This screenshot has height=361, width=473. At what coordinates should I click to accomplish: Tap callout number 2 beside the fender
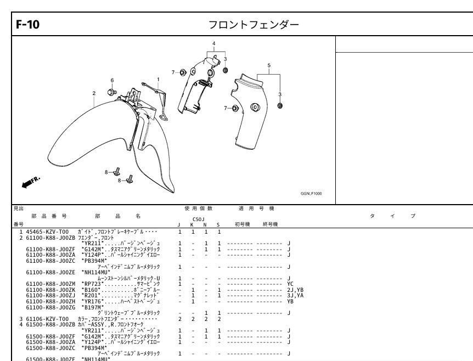point(94,93)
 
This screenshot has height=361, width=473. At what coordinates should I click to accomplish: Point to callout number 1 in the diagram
point(159,79)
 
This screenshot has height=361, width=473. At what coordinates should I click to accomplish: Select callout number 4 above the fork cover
point(214,43)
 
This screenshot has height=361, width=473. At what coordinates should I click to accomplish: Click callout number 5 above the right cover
point(268,65)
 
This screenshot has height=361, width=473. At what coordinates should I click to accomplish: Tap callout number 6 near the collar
point(112,80)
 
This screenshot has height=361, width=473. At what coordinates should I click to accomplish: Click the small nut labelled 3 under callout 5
point(280,105)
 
